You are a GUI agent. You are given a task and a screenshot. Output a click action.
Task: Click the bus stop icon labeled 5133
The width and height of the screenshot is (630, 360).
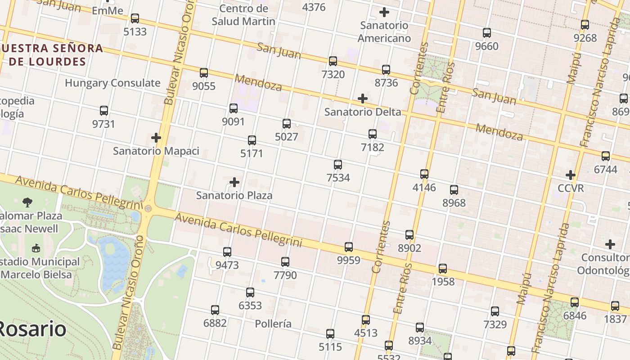click(x=135, y=18)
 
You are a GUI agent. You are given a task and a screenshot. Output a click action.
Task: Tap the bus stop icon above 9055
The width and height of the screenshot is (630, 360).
click(x=204, y=72)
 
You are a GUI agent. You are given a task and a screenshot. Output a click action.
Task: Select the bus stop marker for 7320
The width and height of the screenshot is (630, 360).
click(x=333, y=61)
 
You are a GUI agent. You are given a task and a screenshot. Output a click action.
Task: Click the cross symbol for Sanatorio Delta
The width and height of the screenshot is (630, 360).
click(x=363, y=99)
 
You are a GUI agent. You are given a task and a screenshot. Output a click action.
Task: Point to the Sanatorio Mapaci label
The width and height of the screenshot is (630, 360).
click(x=156, y=151)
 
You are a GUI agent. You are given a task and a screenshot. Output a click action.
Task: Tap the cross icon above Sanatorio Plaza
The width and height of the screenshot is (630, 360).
click(x=234, y=182)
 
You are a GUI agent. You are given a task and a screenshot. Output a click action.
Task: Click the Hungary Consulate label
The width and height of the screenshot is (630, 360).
click(x=112, y=83)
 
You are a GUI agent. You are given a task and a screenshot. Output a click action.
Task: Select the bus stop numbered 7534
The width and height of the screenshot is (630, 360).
click(x=338, y=165)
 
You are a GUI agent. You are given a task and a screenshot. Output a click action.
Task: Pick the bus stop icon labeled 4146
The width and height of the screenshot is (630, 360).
click(x=424, y=174)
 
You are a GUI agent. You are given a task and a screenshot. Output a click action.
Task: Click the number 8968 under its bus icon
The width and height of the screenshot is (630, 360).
click(x=454, y=202)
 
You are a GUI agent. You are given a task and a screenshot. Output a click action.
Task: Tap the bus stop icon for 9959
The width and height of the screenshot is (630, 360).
click(x=349, y=247)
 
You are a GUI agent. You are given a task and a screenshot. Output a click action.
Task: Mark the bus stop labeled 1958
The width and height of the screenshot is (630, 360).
click(x=443, y=269)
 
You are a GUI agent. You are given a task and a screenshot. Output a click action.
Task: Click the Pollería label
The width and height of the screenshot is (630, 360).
click(x=273, y=324)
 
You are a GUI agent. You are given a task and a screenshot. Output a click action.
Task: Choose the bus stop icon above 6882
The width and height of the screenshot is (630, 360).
click(x=215, y=310)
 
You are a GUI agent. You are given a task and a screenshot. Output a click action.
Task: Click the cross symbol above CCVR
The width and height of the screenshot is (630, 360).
click(x=571, y=175)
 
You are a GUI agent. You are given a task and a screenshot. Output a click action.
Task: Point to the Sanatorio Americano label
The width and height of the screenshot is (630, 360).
click(x=384, y=31)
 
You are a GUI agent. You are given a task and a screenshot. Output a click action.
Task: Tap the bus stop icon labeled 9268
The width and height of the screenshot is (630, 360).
click(x=585, y=25)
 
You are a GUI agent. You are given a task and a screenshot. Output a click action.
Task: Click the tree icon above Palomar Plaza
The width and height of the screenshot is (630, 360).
click(x=28, y=202)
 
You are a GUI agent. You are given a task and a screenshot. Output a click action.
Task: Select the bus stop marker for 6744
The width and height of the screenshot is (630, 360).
click(x=606, y=156)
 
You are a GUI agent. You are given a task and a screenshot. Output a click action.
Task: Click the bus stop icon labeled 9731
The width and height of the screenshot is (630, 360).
click(x=104, y=111)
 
